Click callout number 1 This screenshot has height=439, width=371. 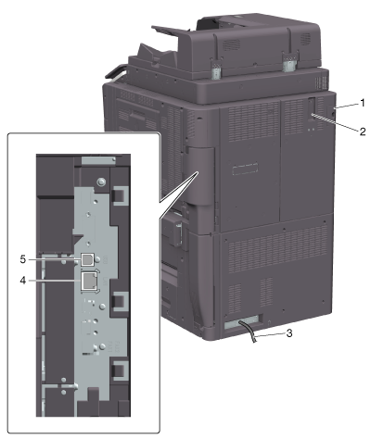[x=362, y=103]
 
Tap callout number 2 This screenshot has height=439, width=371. [x=362, y=132]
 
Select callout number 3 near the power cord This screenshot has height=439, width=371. [x=289, y=333]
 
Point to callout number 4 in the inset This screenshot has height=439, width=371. [x=22, y=281]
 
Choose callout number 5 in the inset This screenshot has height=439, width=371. [x=22, y=259]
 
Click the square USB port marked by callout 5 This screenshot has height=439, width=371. [x=87, y=259]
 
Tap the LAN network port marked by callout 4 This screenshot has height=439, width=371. [x=90, y=282]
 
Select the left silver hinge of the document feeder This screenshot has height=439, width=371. [x=216, y=70]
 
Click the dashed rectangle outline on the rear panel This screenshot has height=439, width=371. [x=245, y=169]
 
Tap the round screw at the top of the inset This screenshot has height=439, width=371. [x=100, y=182]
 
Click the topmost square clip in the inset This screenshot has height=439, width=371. [x=120, y=195]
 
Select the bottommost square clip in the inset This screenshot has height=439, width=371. [x=120, y=370]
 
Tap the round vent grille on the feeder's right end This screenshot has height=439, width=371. [x=305, y=39]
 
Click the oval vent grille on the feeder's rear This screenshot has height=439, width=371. [x=232, y=45]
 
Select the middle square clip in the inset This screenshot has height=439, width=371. [x=120, y=301]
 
